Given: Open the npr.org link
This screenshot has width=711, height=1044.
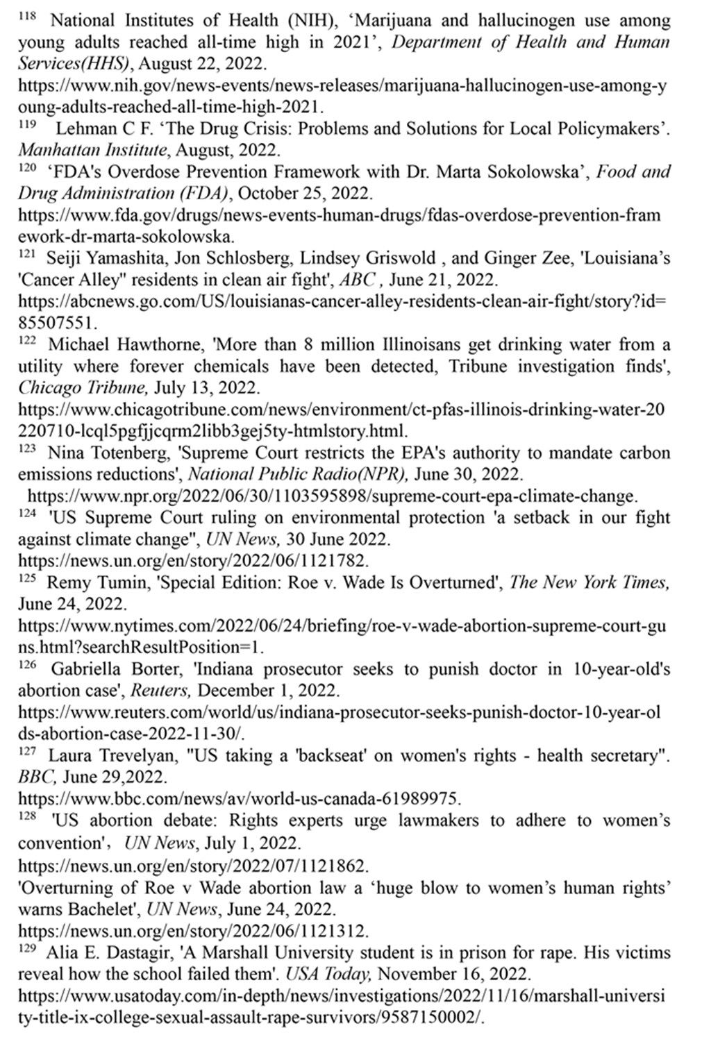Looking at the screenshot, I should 332,496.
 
